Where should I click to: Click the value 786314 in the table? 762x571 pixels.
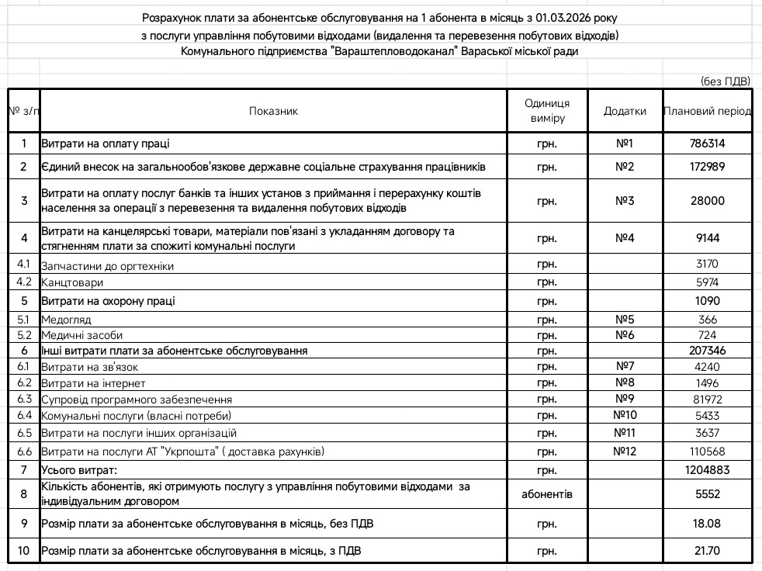(x=708, y=144)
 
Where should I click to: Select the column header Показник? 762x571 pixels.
(x=273, y=111)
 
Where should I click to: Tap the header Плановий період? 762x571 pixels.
(x=708, y=111)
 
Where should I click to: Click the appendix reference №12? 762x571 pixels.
(x=625, y=452)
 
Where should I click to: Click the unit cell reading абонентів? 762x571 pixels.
(x=546, y=493)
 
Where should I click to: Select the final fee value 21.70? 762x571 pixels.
(x=708, y=551)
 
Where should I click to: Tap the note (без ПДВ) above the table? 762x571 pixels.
(x=725, y=80)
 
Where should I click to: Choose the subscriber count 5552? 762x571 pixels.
(x=708, y=493)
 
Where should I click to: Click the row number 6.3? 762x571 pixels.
(x=24, y=399)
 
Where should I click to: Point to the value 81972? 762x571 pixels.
(x=708, y=399)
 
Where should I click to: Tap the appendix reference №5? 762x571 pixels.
(x=625, y=320)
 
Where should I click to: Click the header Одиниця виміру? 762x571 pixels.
(x=546, y=111)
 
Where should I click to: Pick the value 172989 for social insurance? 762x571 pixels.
(x=708, y=167)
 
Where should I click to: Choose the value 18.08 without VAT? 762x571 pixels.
(x=708, y=524)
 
